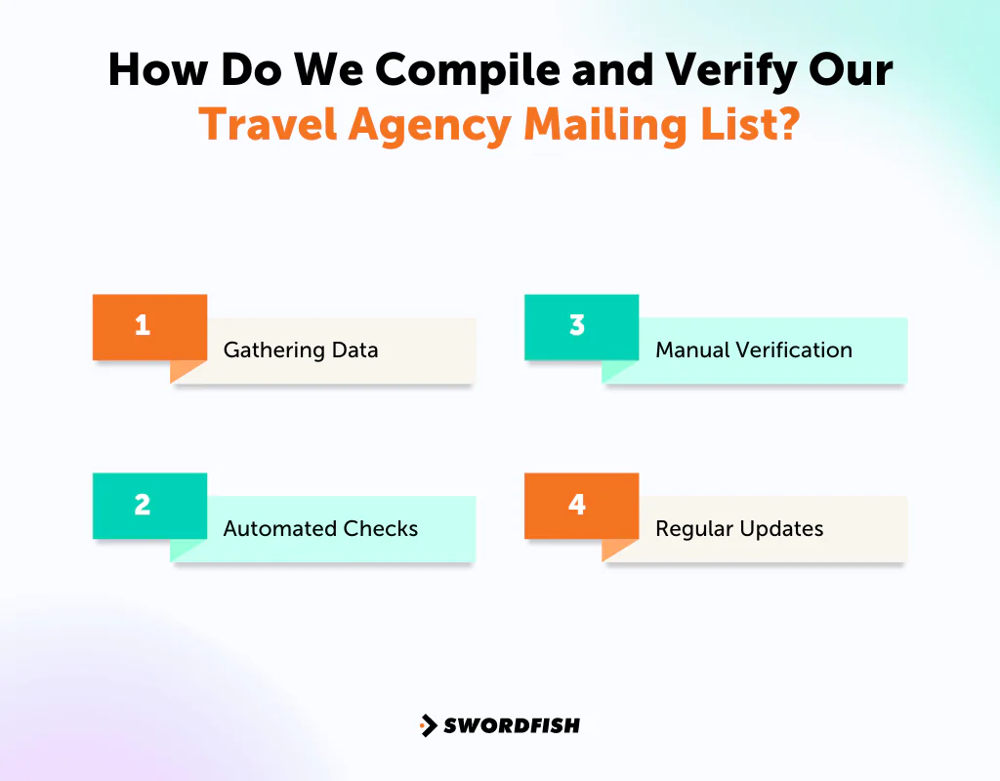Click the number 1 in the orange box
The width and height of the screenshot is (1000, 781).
[143, 325]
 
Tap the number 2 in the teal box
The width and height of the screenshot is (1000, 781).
[143, 505]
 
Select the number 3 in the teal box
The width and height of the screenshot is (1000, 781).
[577, 325]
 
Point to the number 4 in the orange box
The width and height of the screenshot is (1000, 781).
[577, 505]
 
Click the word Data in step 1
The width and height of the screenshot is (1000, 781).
[354, 349]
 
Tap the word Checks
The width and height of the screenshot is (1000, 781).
[380, 529]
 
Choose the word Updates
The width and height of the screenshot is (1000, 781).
[782, 530]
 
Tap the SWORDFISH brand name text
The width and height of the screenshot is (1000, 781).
[512, 725]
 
